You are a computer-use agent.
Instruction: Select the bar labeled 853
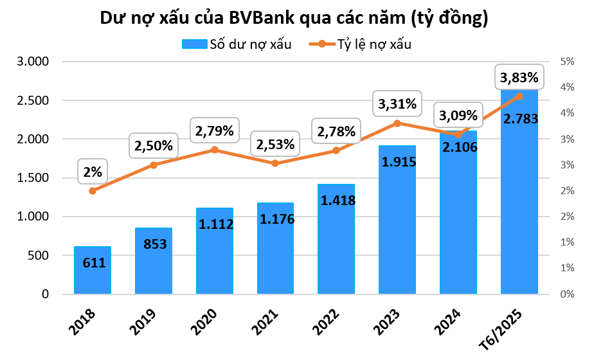(x=153, y=264)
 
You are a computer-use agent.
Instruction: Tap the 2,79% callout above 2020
(x=214, y=131)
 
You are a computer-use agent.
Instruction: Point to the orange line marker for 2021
(x=274, y=163)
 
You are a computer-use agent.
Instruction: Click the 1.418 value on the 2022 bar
(x=336, y=200)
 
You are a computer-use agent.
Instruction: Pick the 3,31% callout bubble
(x=397, y=103)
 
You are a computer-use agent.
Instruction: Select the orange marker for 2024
(x=458, y=134)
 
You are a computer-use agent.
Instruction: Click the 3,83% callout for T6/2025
(x=518, y=78)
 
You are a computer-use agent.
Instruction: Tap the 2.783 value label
(x=519, y=119)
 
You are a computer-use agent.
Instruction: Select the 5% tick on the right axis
(x=566, y=62)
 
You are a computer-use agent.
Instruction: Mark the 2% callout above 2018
(x=92, y=172)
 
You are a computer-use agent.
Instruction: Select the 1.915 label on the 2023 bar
(x=397, y=162)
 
